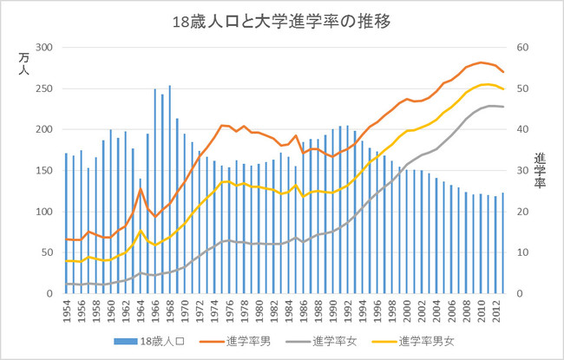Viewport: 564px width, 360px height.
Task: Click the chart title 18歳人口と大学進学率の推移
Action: [x=281, y=22]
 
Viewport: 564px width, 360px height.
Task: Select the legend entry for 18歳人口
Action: [x=169, y=339]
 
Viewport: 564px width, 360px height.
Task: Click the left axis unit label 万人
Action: [x=23, y=65]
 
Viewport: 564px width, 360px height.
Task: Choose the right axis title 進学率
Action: [x=539, y=165]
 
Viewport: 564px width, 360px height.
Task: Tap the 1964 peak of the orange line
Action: [x=141, y=190]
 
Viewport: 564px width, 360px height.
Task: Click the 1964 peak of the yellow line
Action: [x=141, y=232]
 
